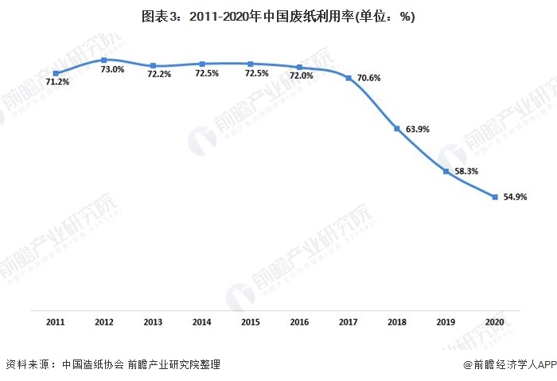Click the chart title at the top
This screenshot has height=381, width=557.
[x=278, y=16]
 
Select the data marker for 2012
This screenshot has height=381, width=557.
[x=104, y=60]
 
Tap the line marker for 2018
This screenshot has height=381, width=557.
[x=397, y=128]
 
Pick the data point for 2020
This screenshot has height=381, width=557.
[x=495, y=197]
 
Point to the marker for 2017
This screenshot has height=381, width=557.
[x=349, y=77]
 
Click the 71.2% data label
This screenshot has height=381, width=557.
[x=57, y=82]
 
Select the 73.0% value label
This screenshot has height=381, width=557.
[x=112, y=69]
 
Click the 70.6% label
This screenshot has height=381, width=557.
[x=368, y=78]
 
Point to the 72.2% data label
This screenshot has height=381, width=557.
[x=158, y=74]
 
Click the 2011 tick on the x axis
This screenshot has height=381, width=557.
[x=56, y=322]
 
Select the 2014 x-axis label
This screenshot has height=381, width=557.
[x=202, y=322]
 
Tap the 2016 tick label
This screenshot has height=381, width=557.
[x=299, y=322]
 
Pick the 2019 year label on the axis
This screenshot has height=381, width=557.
[x=446, y=322]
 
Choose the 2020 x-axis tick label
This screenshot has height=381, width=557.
[x=495, y=322]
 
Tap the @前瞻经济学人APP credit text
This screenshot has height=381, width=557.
[x=508, y=364]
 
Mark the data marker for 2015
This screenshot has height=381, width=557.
[x=251, y=64]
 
